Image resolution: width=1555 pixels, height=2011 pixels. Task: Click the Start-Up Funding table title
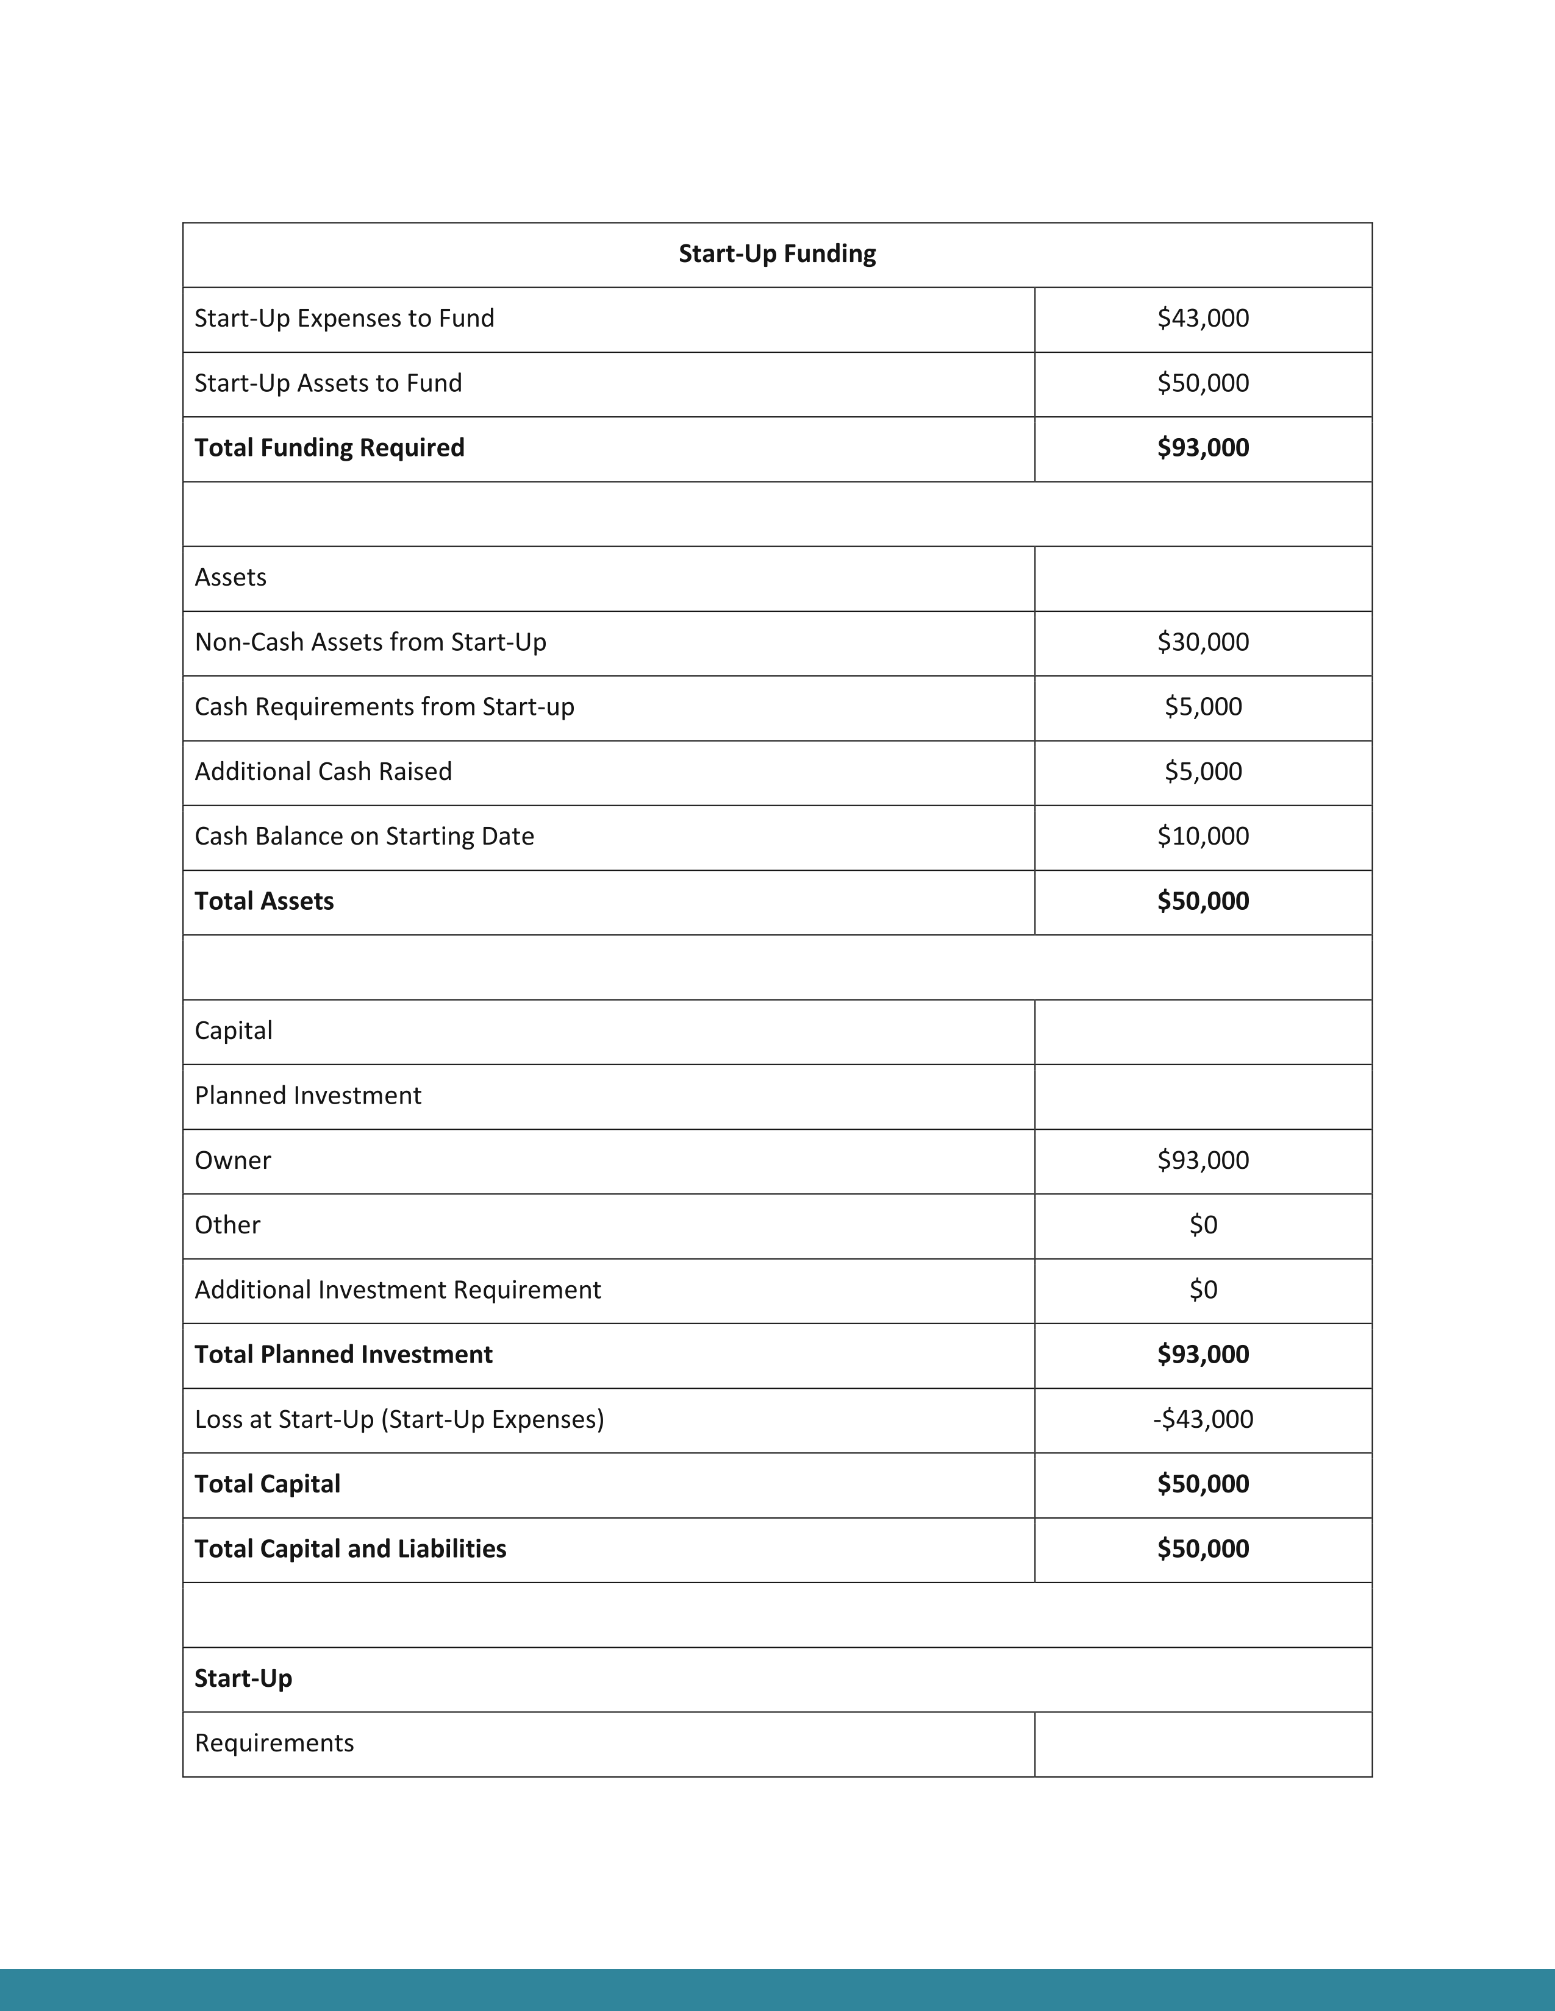pyautogui.click(x=776, y=254)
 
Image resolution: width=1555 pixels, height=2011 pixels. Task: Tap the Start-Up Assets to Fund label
pyautogui.click(x=328, y=383)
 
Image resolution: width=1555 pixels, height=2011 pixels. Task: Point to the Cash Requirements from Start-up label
pyautogui.click(x=384, y=707)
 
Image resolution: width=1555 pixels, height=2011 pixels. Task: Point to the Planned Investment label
pyautogui.click(x=308, y=1096)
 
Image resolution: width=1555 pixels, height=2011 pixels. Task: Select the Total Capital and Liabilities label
pyautogui.click(x=350, y=1548)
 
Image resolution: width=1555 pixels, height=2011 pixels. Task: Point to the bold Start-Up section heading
pyautogui.click(x=243, y=1679)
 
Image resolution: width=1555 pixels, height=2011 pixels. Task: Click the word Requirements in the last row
pyautogui.click(x=274, y=1743)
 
